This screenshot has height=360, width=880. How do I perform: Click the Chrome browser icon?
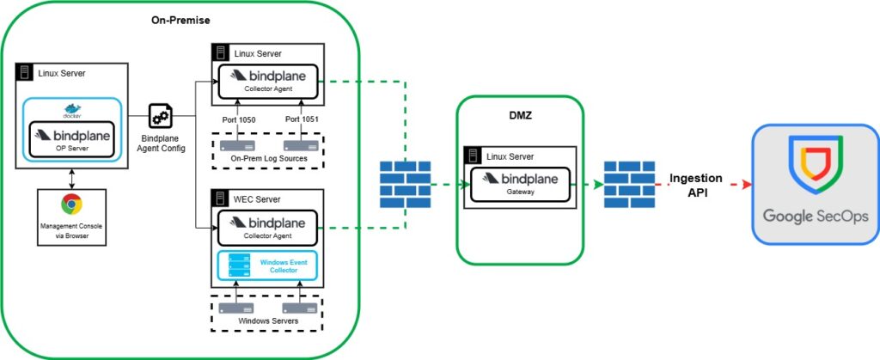click(x=72, y=204)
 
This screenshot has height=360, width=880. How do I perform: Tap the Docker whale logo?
click(x=72, y=109)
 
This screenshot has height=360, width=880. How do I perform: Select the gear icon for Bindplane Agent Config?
click(x=161, y=116)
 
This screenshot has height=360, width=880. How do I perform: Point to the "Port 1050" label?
click(x=237, y=119)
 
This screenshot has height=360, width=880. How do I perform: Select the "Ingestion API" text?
click(x=696, y=186)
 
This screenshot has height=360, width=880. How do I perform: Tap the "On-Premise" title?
click(x=180, y=20)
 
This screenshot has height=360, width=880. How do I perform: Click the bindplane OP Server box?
click(x=72, y=139)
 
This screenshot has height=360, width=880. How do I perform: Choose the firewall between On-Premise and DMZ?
click(x=406, y=185)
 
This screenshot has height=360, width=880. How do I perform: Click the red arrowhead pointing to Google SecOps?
click(x=747, y=185)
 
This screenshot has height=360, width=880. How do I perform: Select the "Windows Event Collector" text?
click(x=278, y=265)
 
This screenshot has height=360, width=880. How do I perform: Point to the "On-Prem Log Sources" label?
click(x=269, y=159)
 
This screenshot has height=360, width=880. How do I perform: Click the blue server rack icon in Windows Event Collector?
click(x=239, y=265)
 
